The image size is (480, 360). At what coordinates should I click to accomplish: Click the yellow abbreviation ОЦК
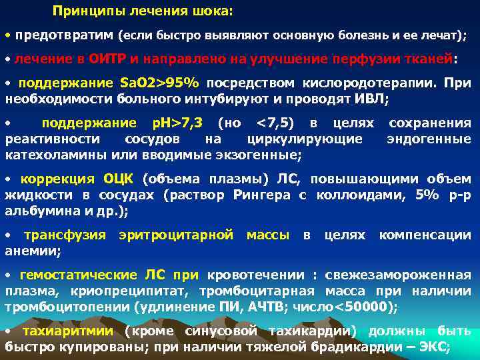coord(119,179)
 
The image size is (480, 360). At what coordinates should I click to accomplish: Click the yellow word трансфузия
coord(65,235)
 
